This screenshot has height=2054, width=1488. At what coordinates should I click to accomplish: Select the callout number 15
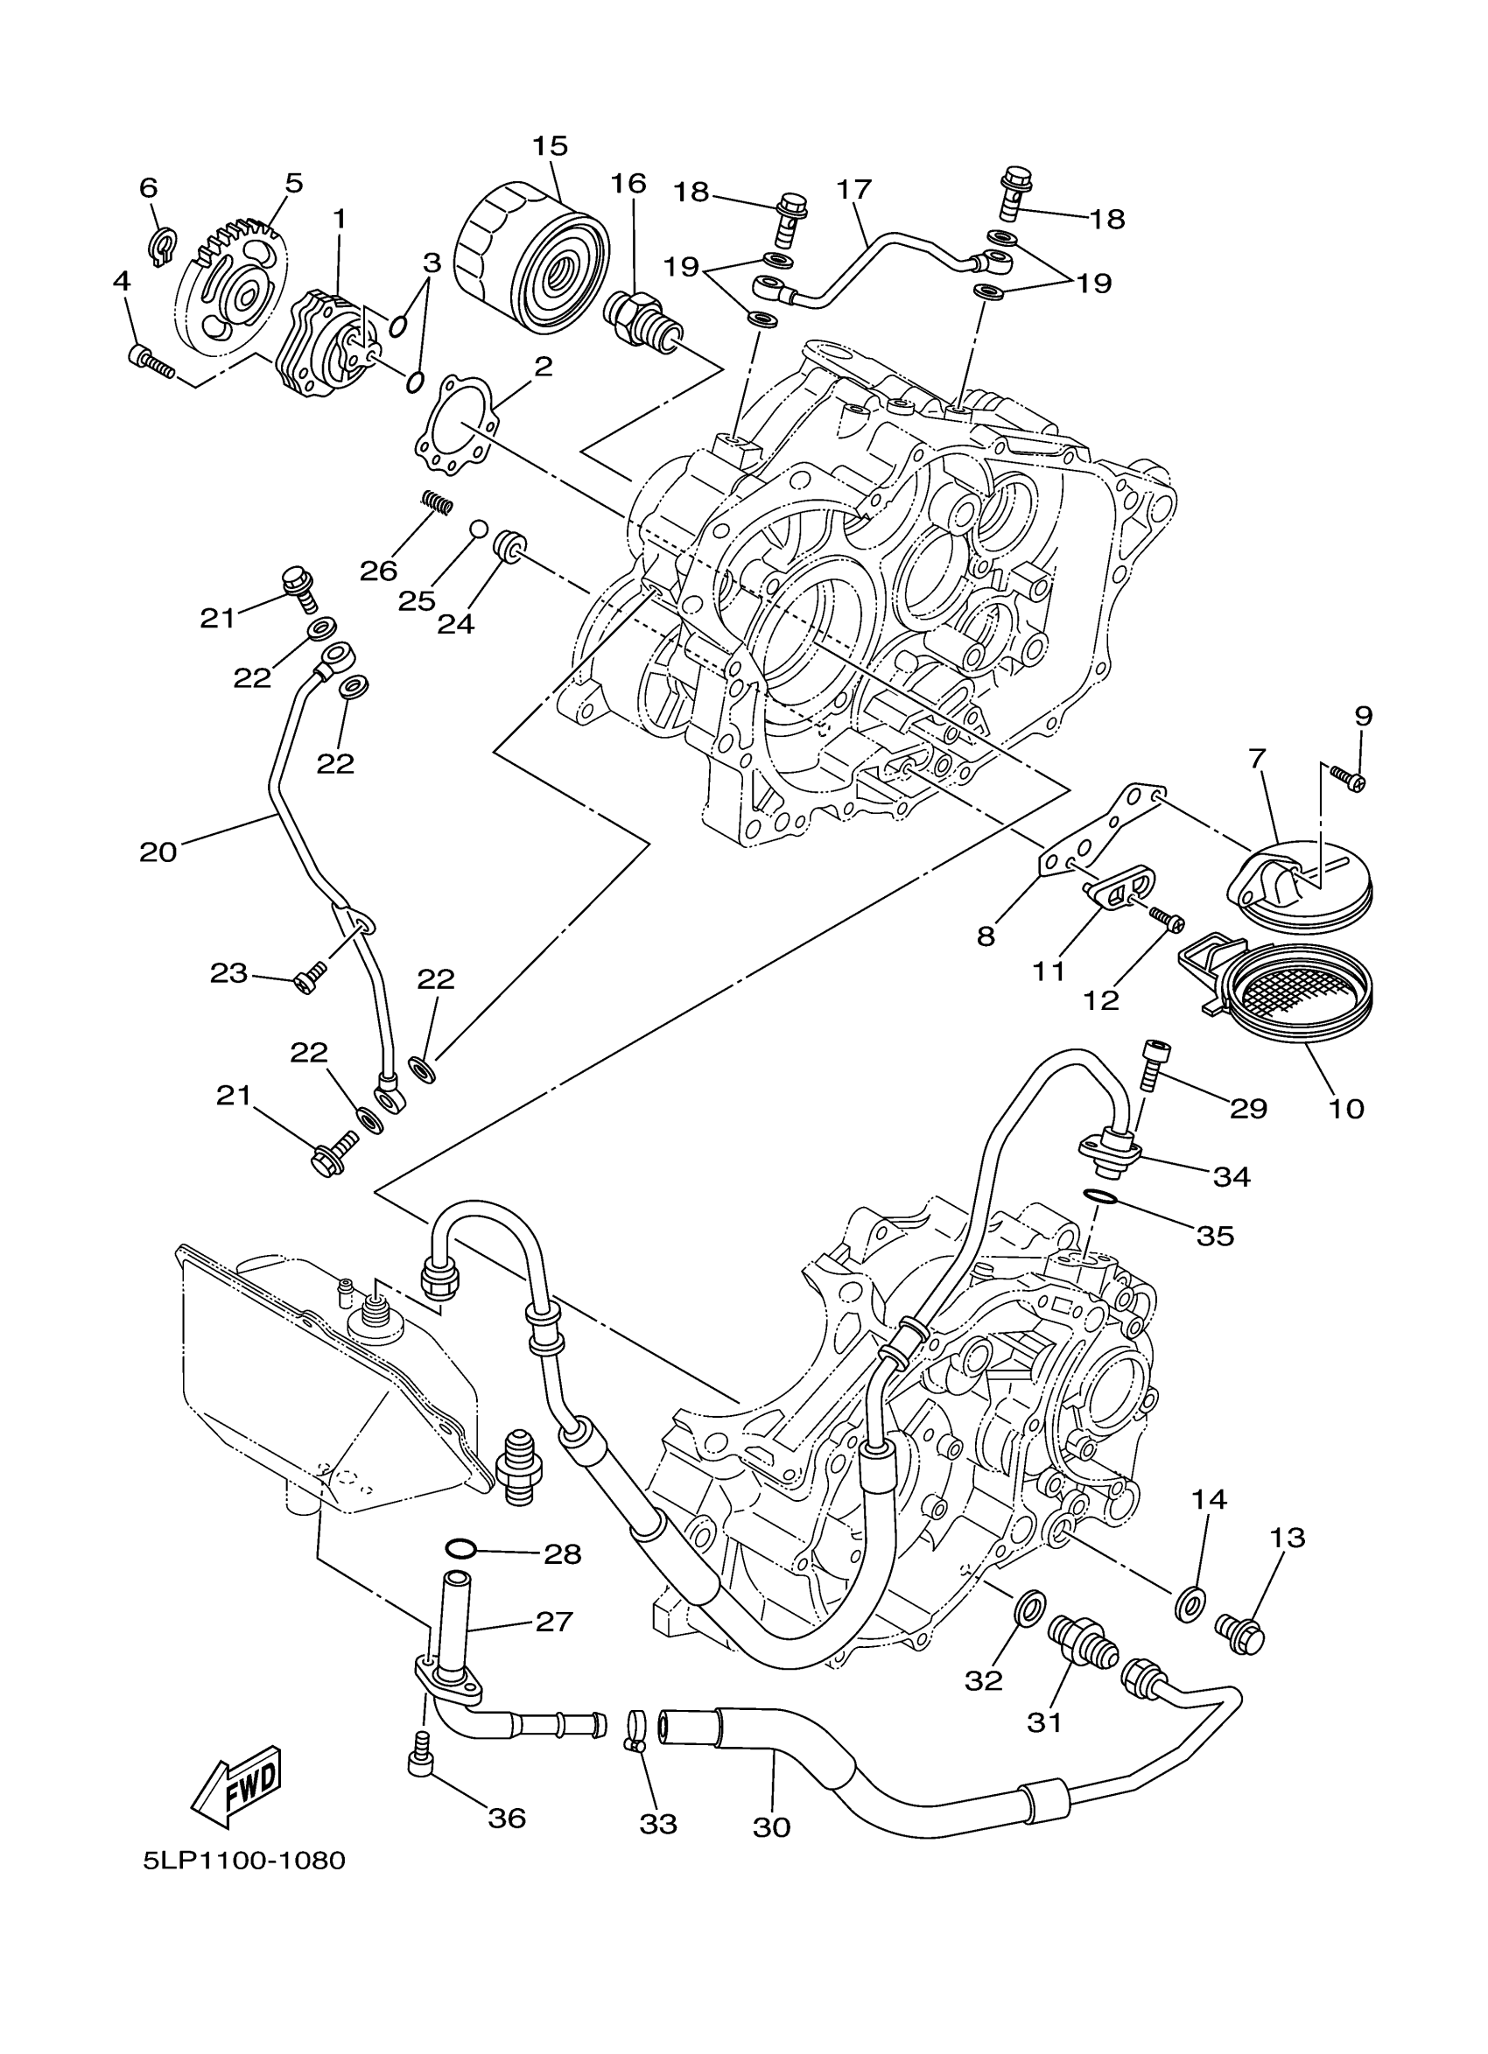pos(550,146)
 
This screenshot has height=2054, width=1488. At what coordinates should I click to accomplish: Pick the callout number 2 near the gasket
pos(543,367)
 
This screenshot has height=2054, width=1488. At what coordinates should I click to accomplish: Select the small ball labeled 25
pos(477,529)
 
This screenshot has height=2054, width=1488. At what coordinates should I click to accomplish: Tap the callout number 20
pos(158,852)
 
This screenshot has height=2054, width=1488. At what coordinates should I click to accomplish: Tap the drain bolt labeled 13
pos(1239,1635)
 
